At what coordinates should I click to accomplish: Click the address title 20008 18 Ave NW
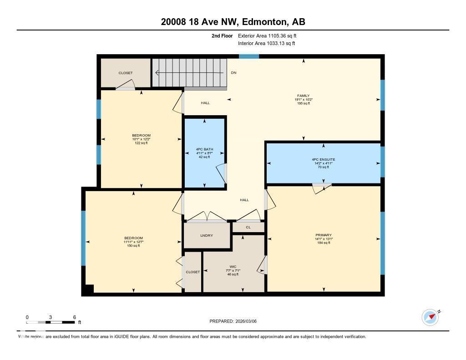233,22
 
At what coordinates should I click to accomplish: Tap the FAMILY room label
304,96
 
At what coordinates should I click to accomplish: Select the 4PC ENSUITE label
323,160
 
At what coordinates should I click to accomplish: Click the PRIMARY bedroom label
323,235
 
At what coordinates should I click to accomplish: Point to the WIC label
233,267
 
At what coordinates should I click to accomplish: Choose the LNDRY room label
206,235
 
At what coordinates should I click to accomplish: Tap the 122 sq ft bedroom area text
141,143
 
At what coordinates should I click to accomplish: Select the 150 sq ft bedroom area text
133,246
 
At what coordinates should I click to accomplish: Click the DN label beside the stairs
233,73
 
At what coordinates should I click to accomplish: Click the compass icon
430,317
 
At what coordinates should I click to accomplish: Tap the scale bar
51,322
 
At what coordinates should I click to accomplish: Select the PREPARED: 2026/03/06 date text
236,321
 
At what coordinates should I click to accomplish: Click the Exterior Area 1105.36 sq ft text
267,35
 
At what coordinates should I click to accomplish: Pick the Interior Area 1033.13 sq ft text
266,43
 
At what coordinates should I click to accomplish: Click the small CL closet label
248,227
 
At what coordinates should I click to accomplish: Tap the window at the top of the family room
249,56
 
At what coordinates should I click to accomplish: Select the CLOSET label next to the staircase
126,73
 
